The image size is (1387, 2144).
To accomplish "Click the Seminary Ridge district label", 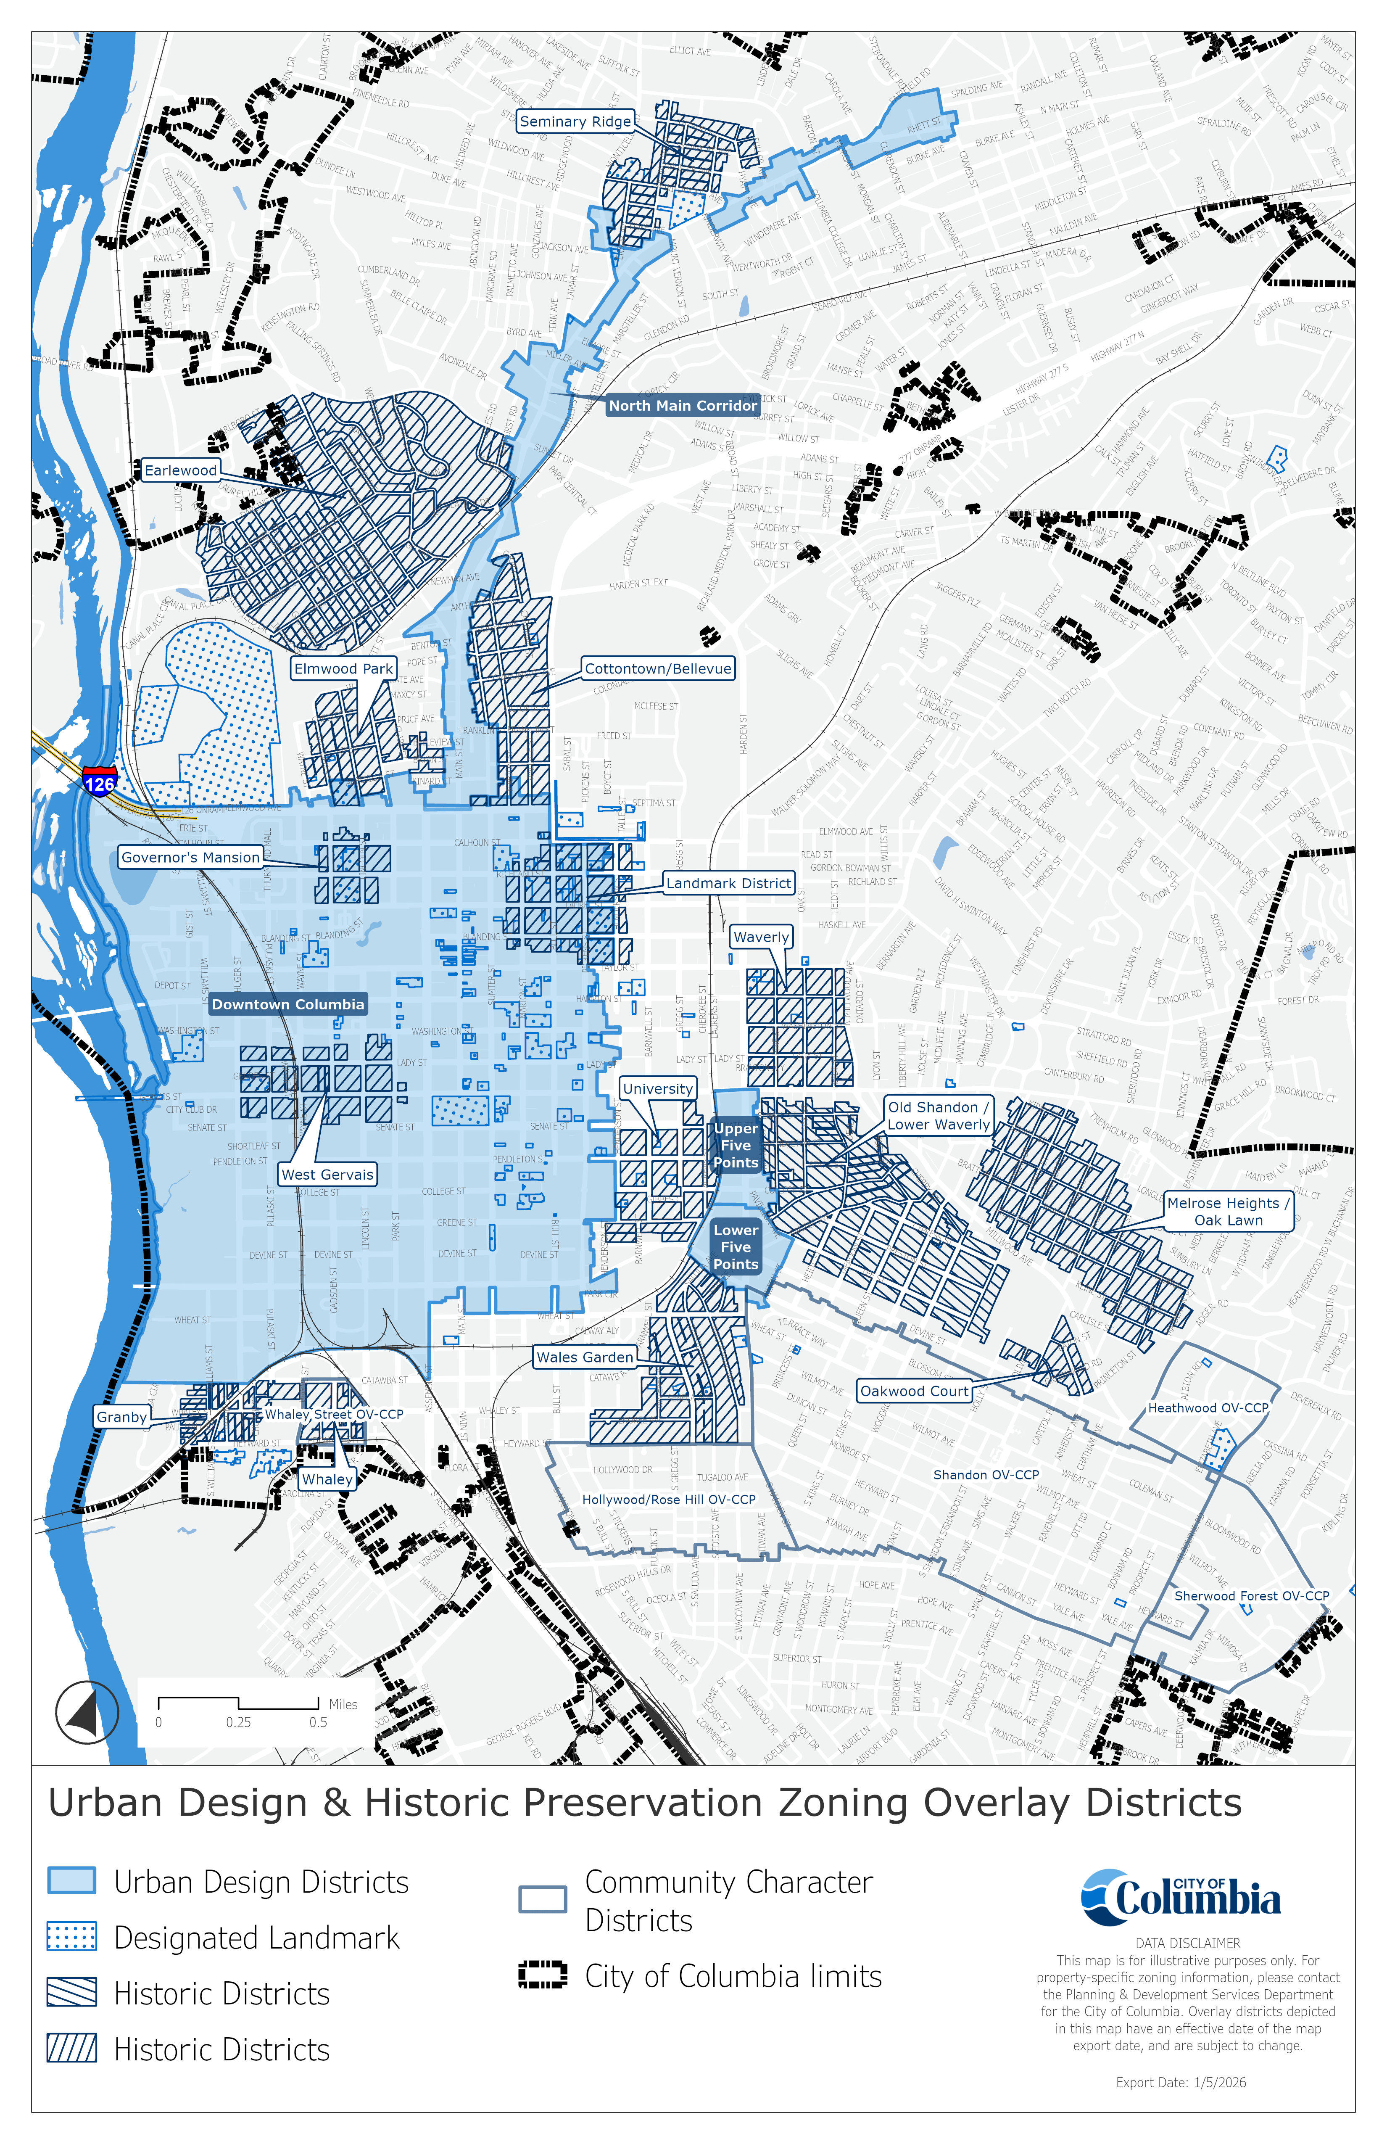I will coord(575,121).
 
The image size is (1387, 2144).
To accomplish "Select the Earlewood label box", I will coord(181,470).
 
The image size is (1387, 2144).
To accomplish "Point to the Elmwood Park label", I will coord(343,668).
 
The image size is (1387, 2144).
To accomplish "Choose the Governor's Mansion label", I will coord(190,858).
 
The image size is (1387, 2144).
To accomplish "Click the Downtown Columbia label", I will coord(288,1004).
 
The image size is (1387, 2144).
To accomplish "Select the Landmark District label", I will coord(729,884).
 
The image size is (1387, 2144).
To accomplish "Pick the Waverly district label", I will coord(761,937).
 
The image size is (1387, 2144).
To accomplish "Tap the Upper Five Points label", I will coord(736,1145).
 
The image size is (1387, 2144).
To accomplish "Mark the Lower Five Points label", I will coord(736,1247).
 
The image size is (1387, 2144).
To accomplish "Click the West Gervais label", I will coord(327,1175).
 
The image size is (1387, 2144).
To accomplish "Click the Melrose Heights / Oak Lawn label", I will coord(1229,1212).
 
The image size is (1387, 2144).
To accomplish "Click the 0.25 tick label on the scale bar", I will coord(239,1722).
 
